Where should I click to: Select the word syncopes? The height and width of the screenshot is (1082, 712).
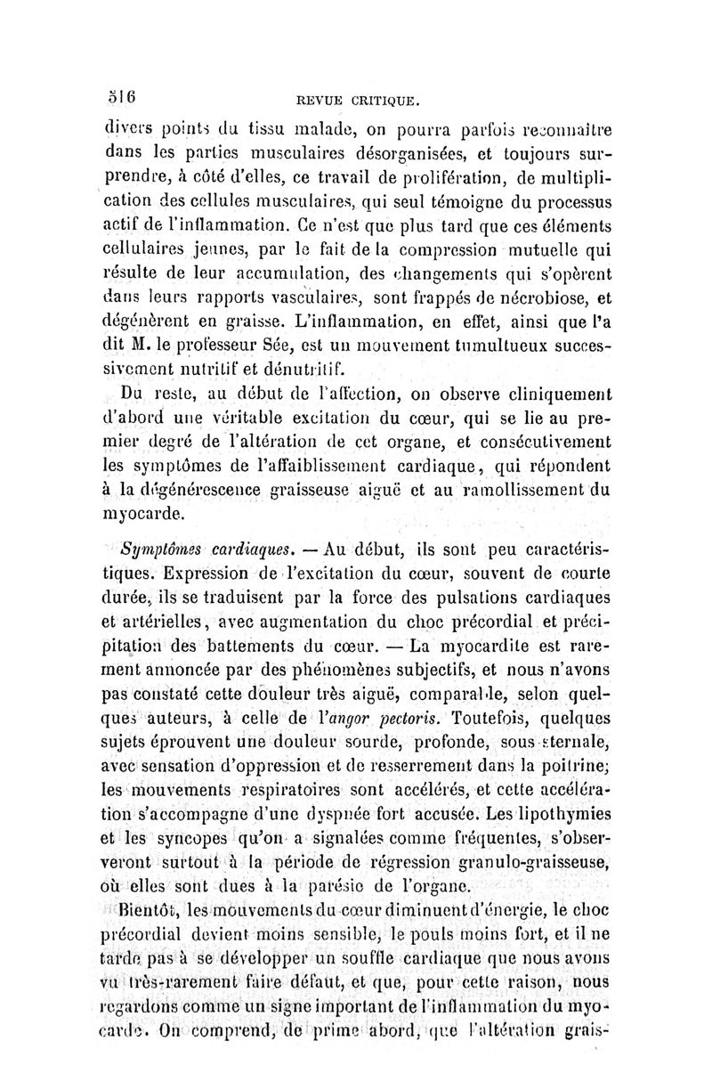click(196, 837)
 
